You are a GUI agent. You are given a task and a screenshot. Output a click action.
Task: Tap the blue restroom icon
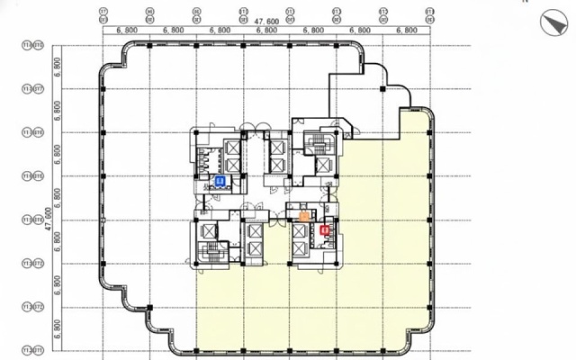pos(220,181)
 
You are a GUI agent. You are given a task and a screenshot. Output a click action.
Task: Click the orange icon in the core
pos(305,215)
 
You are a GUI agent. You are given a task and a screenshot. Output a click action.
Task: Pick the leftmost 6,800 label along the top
pos(127,31)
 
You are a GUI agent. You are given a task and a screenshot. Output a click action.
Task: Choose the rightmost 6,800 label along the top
pos(407,31)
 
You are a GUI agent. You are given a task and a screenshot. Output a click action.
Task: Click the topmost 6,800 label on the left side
pos(57,67)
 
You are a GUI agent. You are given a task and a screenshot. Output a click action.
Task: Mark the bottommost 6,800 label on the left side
pos(57,328)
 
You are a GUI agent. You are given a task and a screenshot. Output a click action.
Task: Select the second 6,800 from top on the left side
pos(57,110)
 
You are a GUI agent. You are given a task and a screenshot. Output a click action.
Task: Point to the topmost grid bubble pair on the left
pos(32,44)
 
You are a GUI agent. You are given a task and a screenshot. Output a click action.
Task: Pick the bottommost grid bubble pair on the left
pos(32,349)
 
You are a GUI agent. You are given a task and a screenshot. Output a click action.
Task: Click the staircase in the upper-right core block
pos(318,143)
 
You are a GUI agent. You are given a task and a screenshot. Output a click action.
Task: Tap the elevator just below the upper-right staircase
pos(321,166)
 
